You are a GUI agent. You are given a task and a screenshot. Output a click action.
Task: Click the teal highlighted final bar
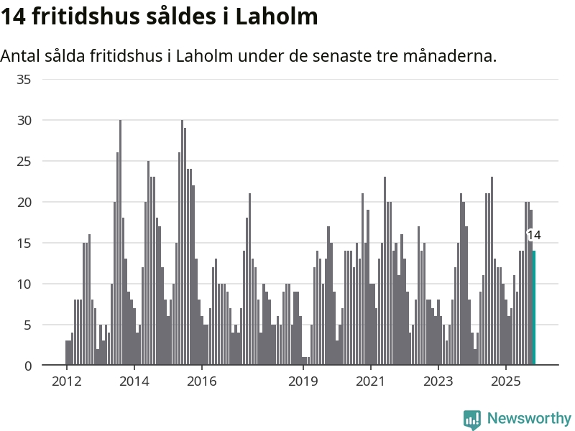click(x=534, y=308)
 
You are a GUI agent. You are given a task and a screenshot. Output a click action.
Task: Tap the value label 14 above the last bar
click(x=534, y=235)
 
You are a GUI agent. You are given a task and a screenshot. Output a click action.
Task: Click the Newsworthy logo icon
click(x=472, y=420)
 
